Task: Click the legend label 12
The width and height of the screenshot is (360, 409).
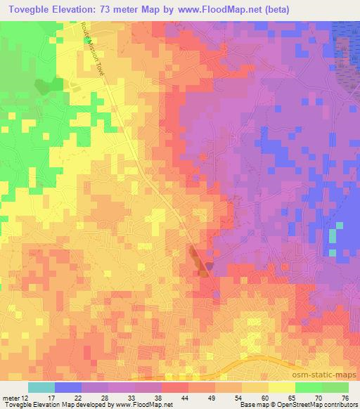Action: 26,398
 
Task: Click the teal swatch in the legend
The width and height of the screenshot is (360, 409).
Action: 41,387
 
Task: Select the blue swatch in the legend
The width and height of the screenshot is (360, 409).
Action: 68,387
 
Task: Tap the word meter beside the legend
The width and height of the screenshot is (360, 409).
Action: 11,398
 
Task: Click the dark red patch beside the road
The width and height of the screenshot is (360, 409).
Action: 199,260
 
